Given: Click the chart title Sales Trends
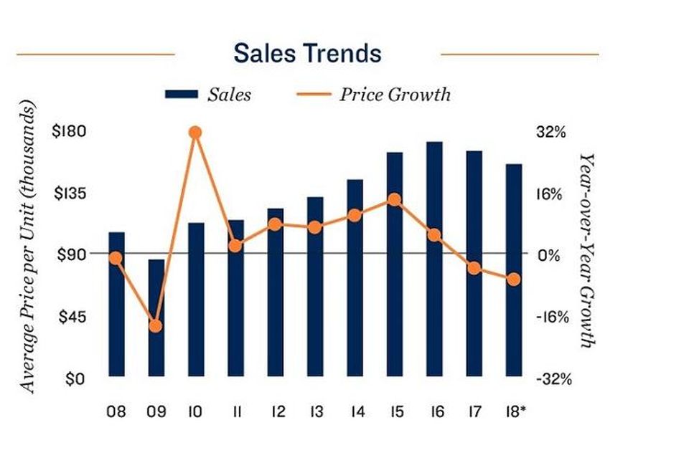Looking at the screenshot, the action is point(307,53).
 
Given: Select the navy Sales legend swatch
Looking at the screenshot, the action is point(182,95).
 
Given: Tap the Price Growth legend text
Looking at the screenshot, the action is point(395,95).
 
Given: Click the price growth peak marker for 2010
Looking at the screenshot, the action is point(196,132).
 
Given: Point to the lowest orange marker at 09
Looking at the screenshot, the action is point(156,326).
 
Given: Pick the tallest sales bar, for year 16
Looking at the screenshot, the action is point(434,259).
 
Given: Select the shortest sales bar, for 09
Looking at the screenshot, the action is point(156,317).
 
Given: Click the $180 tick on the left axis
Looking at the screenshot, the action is point(69,131).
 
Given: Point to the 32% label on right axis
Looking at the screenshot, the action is point(550,132).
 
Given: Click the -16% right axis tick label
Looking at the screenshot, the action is point(553,317).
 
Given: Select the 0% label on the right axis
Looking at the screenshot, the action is point(549,255).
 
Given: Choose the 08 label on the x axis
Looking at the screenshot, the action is point(116,412).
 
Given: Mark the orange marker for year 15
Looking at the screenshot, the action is point(394,199).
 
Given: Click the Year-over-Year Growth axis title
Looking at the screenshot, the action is point(588,250).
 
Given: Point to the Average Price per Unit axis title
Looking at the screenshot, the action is point(27,247).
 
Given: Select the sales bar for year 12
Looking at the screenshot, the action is point(276,292).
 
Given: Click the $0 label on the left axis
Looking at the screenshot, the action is point(75,378).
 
